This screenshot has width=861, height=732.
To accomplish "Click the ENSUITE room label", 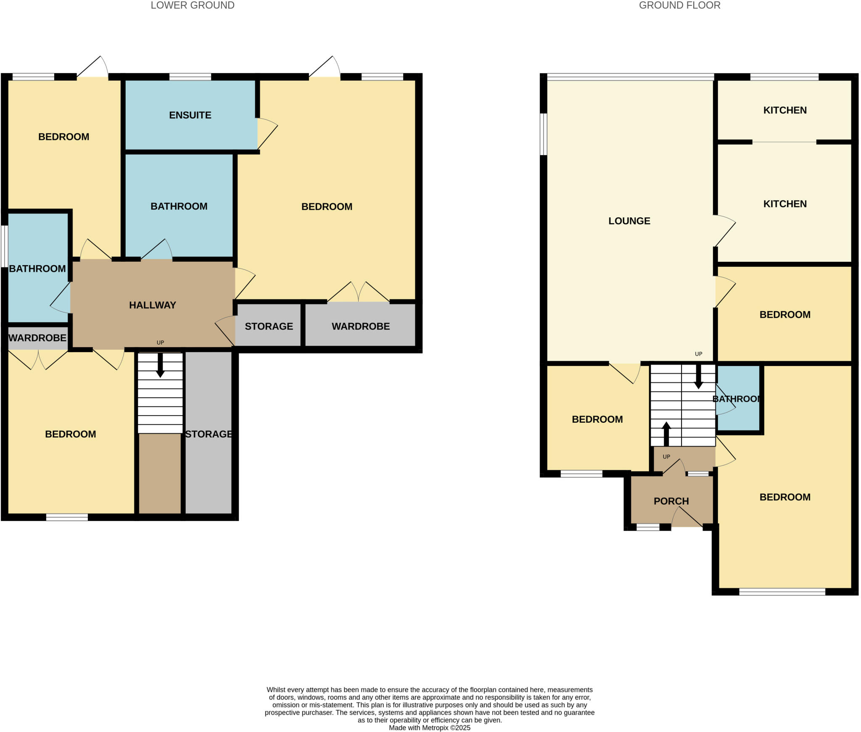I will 190,115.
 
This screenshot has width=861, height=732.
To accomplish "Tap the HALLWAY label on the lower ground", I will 152,305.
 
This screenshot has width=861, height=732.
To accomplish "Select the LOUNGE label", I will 629,221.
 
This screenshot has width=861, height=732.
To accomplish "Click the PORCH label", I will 671,501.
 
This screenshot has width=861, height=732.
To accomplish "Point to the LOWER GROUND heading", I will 193,5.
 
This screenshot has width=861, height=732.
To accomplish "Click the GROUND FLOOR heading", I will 679,5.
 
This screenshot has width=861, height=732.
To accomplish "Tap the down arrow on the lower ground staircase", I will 160,365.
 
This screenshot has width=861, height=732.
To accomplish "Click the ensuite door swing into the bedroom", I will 267,134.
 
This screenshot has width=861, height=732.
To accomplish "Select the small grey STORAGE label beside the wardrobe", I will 269,326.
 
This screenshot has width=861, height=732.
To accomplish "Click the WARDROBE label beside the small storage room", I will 360,326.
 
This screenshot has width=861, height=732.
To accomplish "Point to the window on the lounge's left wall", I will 543,134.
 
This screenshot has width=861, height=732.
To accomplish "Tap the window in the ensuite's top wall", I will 190,76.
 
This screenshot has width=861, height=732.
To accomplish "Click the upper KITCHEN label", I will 784,110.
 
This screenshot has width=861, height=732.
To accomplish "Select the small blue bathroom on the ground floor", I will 738,398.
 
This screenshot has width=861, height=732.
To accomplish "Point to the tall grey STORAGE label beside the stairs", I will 209,434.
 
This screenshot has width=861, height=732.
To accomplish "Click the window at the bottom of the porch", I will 647,527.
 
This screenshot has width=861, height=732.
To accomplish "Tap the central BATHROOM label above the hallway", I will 179,206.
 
